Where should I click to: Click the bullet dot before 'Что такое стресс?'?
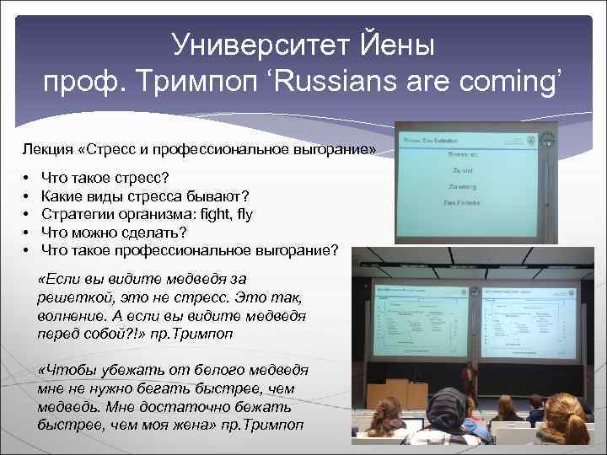click(x=27, y=179)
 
